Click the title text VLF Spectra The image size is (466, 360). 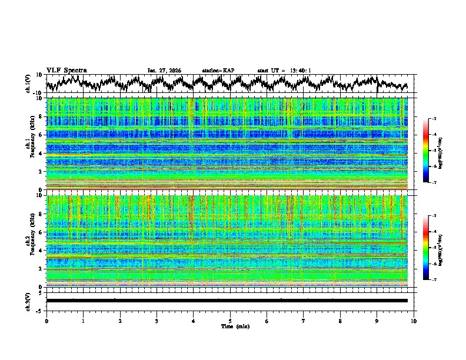[x=66, y=70]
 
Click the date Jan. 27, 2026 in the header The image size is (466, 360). [x=164, y=71]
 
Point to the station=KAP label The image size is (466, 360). [x=218, y=71]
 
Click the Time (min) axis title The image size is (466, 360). [x=230, y=326]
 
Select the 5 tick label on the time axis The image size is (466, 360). [x=230, y=321]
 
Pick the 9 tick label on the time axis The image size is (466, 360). [x=377, y=321]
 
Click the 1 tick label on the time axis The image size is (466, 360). [x=83, y=321]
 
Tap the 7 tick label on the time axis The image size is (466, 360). [x=304, y=321]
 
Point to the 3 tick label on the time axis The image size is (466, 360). [x=157, y=321]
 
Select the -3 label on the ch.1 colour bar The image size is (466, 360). [x=434, y=119]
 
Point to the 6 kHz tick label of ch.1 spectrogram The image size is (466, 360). [x=41, y=135]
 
